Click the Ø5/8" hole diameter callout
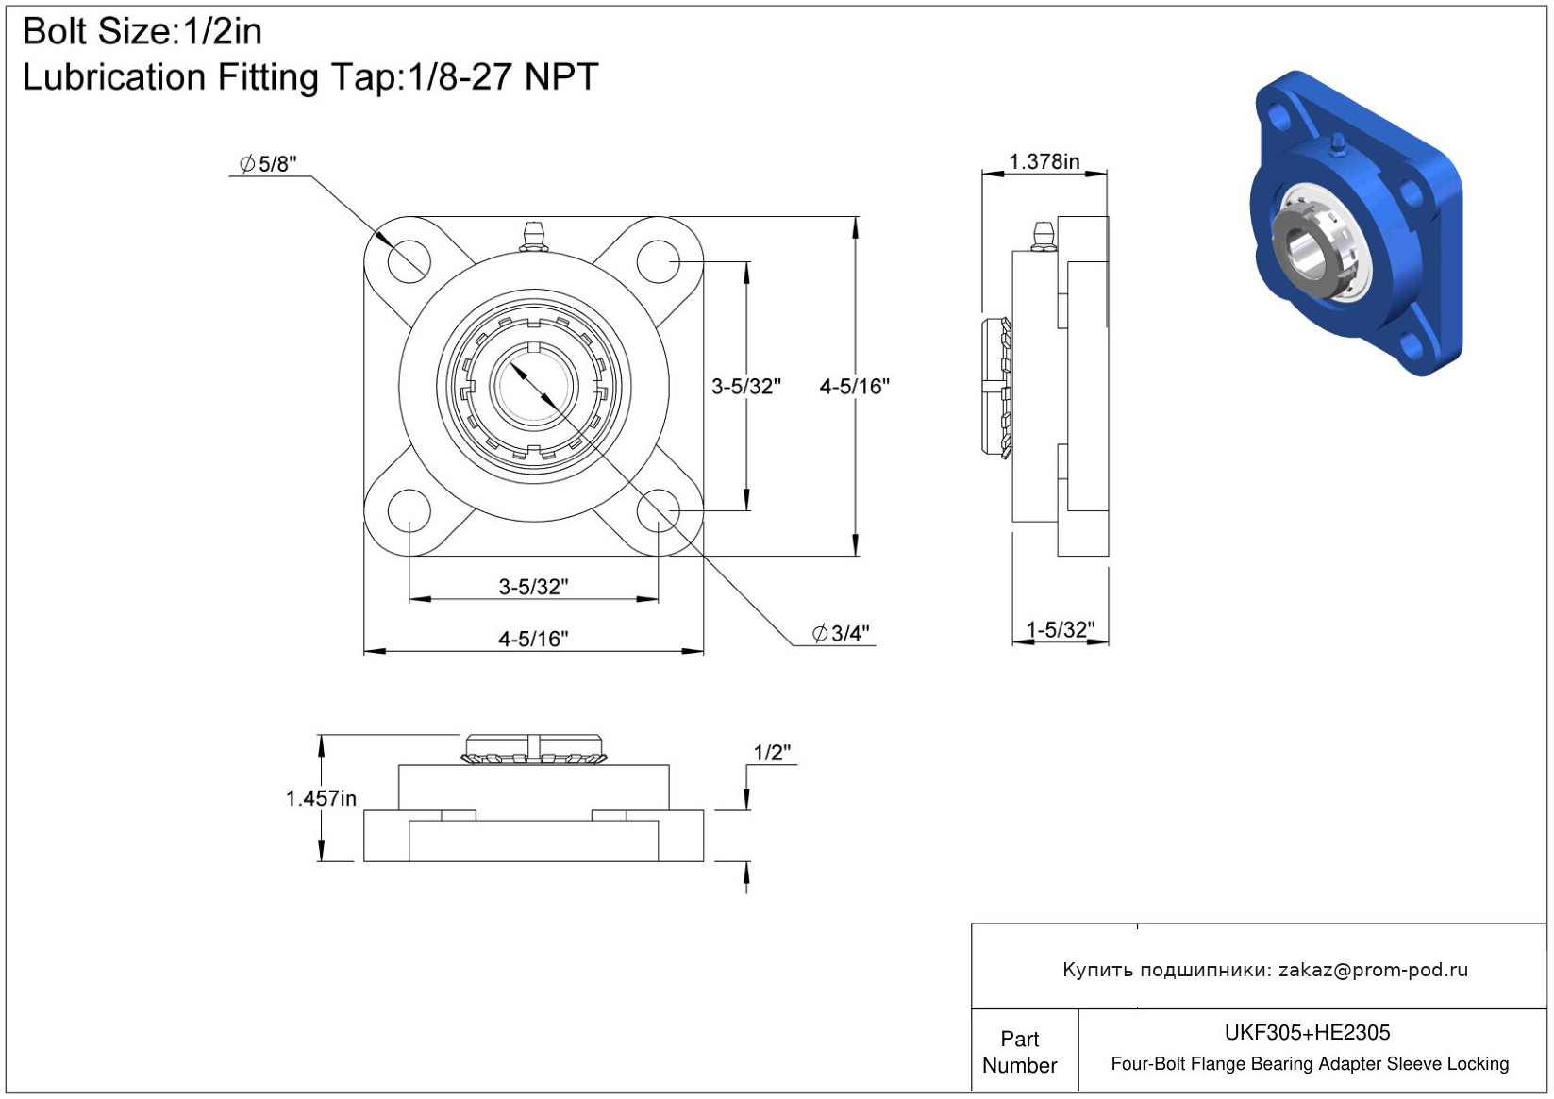pos(268,164)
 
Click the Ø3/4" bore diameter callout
pos(840,633)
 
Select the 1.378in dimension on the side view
pos(1044,161)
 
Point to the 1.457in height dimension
pos(321,798)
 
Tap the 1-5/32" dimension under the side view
pos(1060,629)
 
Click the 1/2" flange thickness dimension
pos(772,752)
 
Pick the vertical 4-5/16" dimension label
pos(854,387)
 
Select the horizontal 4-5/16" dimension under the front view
pos(533,639)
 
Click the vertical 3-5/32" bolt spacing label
pos(745,387)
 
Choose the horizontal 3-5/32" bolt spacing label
pos(533,587)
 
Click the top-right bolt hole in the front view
pos(658,261)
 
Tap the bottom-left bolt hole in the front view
pos(409,510)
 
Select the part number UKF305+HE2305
pos(1307,1032)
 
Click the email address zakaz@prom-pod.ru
pos(1373,969)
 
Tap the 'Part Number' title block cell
pos(1019,1051)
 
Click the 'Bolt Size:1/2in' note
pos(142,31)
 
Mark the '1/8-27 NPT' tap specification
pos(502,76)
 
